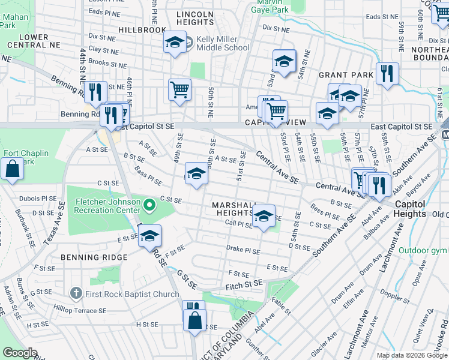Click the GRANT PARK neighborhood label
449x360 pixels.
pos(346,75)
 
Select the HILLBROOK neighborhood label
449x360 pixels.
pos(142,29)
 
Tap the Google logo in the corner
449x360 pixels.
pos(20,353)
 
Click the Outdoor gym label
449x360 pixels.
pos(424,250)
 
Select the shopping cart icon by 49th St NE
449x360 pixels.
pos(179,90)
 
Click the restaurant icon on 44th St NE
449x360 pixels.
pos(95,92)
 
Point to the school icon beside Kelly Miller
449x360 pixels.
pos(175,42)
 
